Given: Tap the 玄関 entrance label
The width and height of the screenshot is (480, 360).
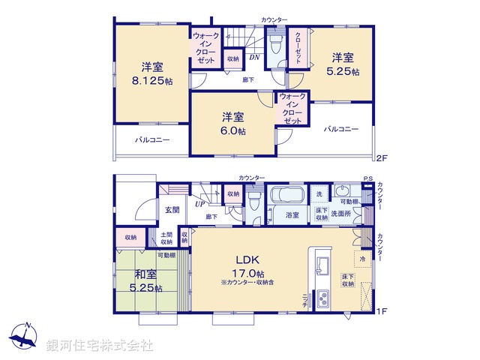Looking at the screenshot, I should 172,211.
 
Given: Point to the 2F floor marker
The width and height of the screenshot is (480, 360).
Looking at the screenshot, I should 382,158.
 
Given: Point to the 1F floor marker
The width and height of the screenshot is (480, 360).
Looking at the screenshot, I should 382,310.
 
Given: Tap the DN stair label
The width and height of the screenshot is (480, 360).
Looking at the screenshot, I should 255,56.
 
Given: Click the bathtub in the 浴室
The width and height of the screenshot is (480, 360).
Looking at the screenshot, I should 285,196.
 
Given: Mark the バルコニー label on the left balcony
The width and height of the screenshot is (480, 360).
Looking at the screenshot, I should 152,140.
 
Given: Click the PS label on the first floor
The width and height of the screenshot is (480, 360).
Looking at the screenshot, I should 367,178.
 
